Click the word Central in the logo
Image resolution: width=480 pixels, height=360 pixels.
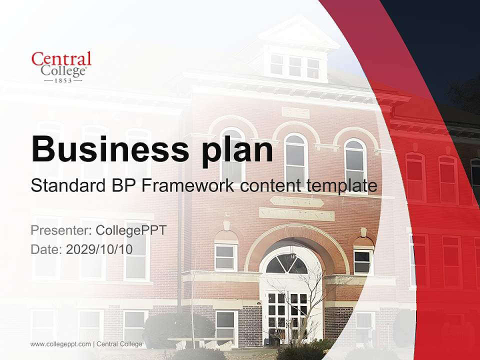tap(61, 58)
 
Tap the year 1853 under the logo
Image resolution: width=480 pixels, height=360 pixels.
tap(63, 80)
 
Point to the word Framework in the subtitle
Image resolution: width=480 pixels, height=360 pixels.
tap(187, 186)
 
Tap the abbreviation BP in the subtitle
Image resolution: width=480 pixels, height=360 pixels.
tap(121, 186)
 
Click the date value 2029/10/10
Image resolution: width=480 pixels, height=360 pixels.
tap(99, 249)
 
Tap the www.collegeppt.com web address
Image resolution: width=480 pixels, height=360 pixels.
tap(60, 344)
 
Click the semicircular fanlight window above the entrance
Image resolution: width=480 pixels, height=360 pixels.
tap(286, 264)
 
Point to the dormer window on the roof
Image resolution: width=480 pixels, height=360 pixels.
tap(295, 66)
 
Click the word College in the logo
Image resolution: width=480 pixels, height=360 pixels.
tap(63, 70)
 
